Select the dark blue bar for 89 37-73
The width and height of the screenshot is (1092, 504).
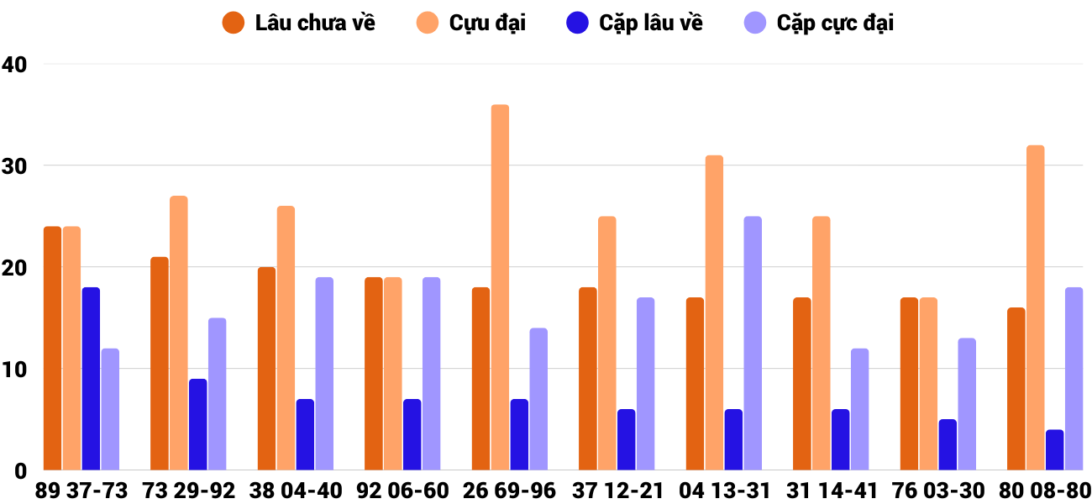point(91,379)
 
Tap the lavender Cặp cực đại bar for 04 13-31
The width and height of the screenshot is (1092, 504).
point(753,344)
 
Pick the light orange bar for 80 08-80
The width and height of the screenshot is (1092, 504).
point(1035,307)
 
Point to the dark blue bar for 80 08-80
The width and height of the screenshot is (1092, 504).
point(1054,450)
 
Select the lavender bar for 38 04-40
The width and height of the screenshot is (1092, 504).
point(324,374)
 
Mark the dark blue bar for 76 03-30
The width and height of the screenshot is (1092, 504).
point(948,445)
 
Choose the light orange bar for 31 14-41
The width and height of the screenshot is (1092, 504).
point(821,344)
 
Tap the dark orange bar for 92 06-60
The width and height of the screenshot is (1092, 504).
point(374,374)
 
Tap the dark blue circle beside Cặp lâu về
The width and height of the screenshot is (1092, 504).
point(577,23)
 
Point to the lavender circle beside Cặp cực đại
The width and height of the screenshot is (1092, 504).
point(756,23)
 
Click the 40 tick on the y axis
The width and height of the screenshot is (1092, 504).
point(15,65)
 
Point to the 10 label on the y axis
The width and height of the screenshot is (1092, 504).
point(15,370)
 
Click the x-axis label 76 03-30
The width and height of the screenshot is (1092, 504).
point(940,491)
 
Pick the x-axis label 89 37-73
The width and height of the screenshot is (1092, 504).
point(81,491)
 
